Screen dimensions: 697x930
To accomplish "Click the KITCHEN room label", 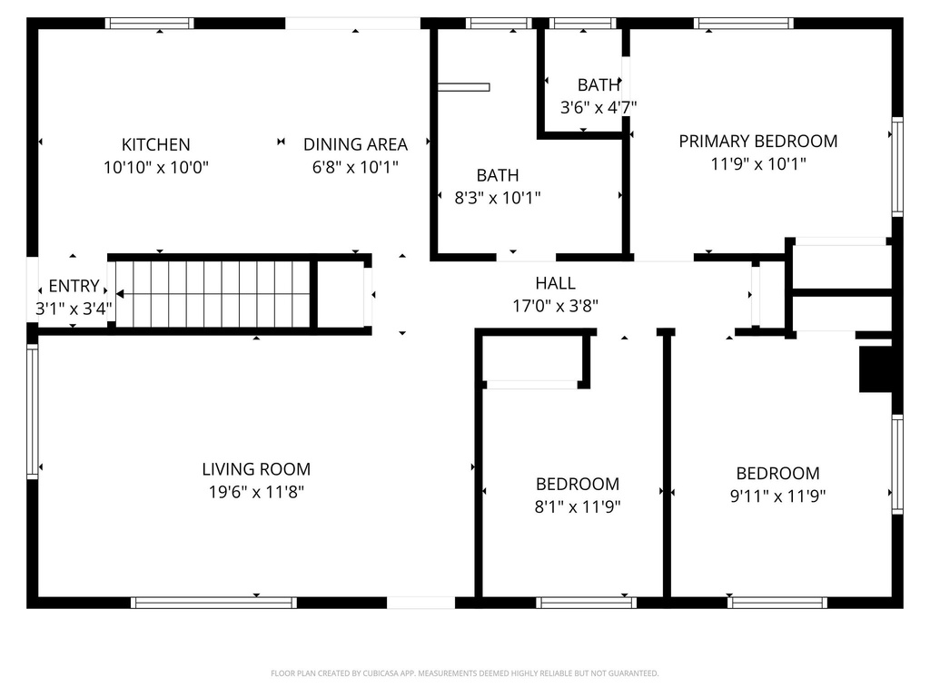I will pyautogui.click(x=156, y=144).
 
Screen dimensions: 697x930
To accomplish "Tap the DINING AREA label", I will pyautogui.click(x=355, y=144).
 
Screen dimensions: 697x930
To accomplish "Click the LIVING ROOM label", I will pyautogui.click(x=256, y=469).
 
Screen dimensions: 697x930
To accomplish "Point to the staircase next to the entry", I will pyautogui.click(x=213, y=294).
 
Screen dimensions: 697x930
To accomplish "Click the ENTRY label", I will pyautogui.click(x=74, y=286).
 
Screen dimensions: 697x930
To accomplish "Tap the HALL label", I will pyautogui.click(x=555, y=283).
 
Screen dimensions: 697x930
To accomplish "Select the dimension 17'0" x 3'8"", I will pyautogui.click(x=555, y=307).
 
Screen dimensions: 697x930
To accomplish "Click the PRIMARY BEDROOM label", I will pyautogui.click(x=758, y=141).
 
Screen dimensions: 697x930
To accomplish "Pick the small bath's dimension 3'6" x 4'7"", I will pyautogui.click(x=598, y=107).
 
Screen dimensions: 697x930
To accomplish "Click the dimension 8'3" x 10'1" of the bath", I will pyautogui.click(x=498, y=198).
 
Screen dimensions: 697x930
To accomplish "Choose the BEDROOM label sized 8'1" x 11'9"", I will pyautogui.click(x=578, y=484).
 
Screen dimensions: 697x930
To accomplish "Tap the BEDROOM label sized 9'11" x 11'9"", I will pyautogui.click(x=777, y=473).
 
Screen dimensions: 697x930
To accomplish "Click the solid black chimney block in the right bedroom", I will pyautogui.click(x=875, y=368).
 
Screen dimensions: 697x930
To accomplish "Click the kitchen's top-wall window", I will pyautogui.click(x=150, y=23).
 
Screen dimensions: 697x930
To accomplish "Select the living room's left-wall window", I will pyautogui.click(x=33, y=410).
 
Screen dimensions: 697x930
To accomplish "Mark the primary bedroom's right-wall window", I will pyautogui.click(x=897, y=166).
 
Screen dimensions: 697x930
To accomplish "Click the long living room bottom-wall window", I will pyautogui.click(x=213, y=602).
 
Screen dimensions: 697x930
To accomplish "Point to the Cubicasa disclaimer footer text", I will pyautogui.click(x=464, y=673).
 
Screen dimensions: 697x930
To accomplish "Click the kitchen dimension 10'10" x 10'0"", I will pyautogui.click(x=156, y=168).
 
